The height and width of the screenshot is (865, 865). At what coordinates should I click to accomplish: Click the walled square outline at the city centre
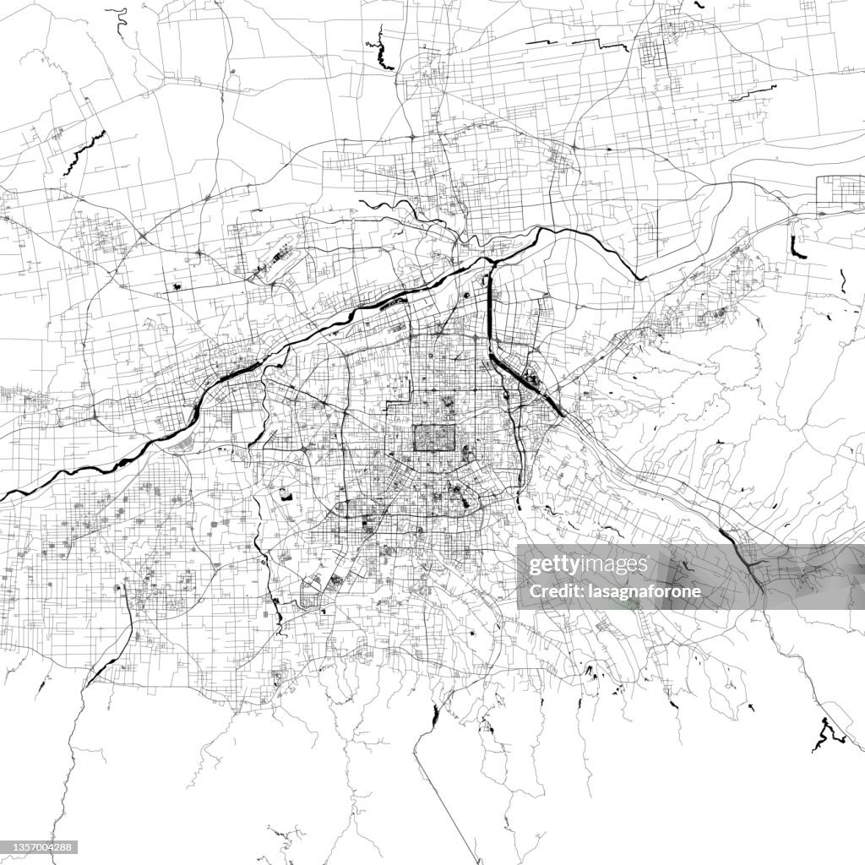click(434, 438)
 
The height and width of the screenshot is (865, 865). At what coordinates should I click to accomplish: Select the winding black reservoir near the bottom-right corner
click(824, 733)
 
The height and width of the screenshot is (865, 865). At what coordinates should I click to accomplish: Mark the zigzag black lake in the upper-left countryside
click(85, 152)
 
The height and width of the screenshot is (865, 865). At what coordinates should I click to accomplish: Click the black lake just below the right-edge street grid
click(796, 248)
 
